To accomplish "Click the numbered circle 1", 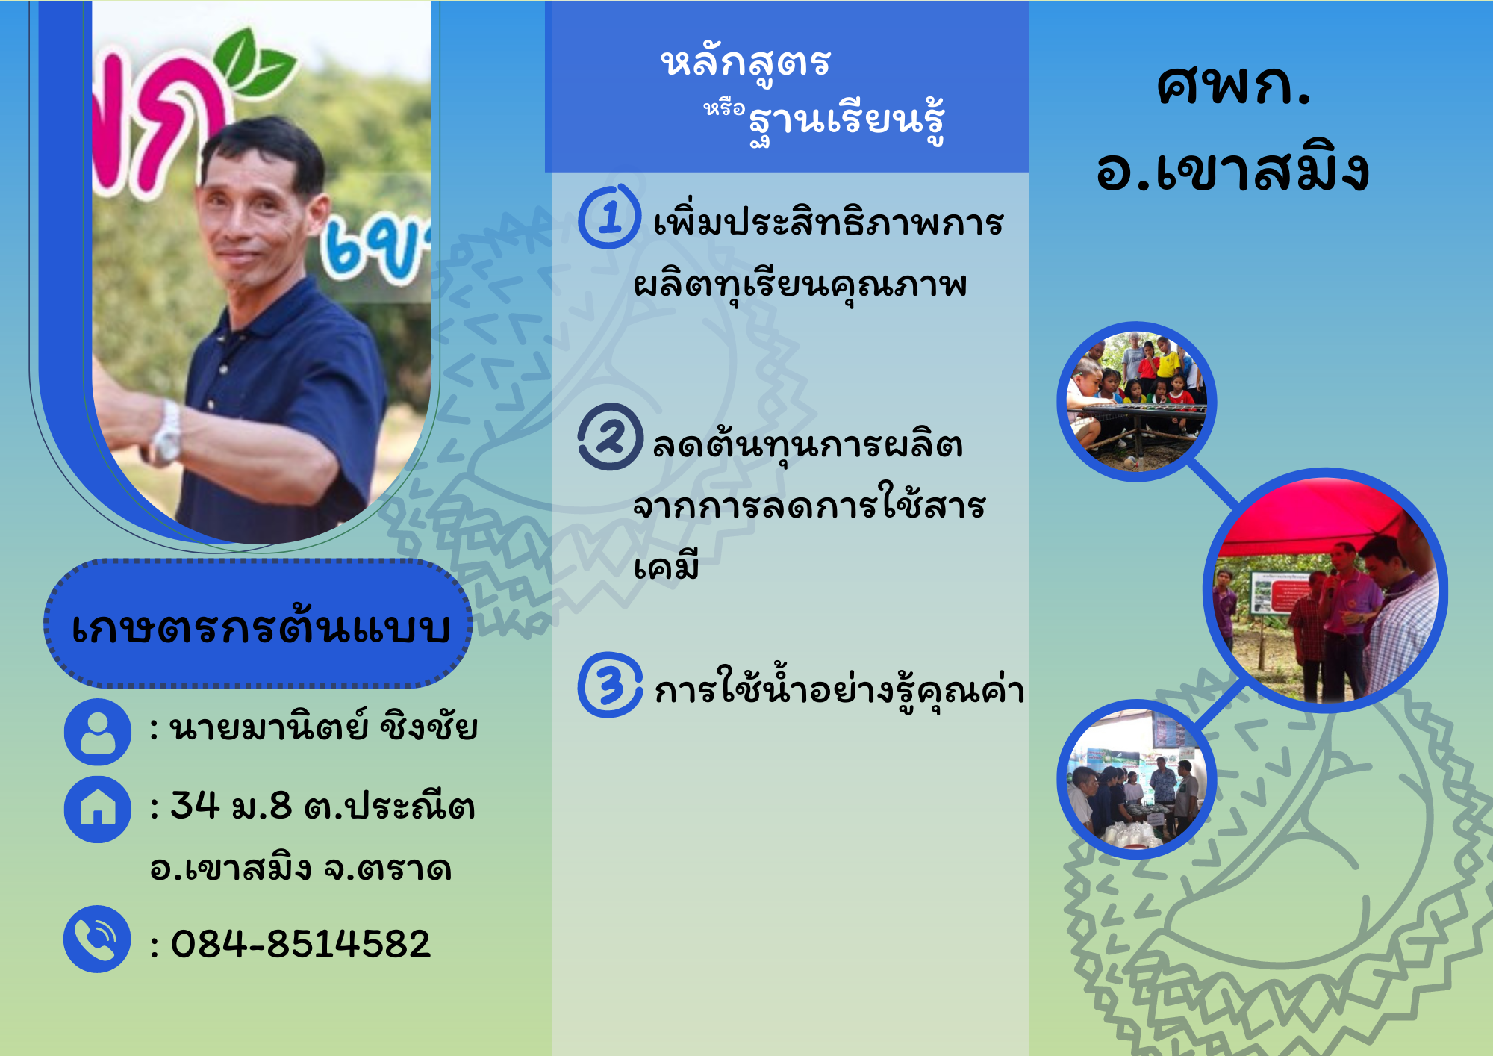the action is click(x=609, y=217).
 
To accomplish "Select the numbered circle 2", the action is click(x=610, y=437).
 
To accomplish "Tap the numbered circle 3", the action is click(x=610, y=685).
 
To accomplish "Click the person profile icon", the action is click(x=98, y=732).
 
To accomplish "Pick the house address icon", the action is click(x=98, y=810).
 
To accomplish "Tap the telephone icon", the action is click(x=98, y=939).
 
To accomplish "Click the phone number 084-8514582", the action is click(x=301, y=943).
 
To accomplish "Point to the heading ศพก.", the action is click(x=1233, y=85).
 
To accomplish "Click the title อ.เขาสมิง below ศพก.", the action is click(x=1232, y=167).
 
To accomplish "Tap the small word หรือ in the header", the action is click(x=724, y=109).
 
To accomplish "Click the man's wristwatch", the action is click(x=168, y=432).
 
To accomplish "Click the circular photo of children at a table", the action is click(x=1137, y=402).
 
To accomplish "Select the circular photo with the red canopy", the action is click(x=1326, y=590).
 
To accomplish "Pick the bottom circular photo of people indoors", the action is click(x=1137, y=779).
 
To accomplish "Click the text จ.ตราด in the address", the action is click(x=387, y=869).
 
